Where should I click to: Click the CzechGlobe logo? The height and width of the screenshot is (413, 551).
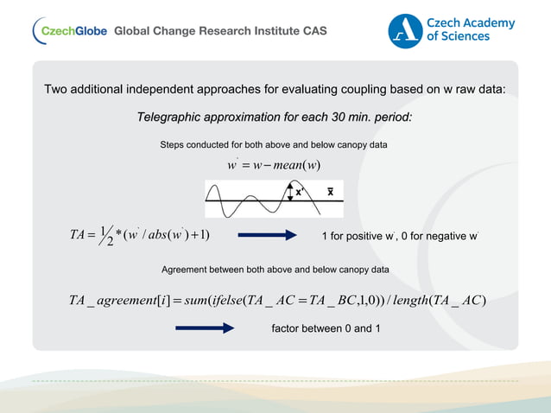coord(69,31)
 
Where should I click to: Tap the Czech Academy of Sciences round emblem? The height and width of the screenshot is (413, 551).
coord(405,30)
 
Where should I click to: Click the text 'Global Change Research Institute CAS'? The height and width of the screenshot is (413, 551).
coord(220,31)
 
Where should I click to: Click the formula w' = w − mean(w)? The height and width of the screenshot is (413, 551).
coord(275,165)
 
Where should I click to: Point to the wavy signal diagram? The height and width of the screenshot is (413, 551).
coord(259,200)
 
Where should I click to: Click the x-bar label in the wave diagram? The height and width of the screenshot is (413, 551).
coord(330,192)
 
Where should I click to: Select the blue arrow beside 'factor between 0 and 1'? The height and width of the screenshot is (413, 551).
coord(205,328)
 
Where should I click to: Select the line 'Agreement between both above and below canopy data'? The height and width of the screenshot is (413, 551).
coord(275,270)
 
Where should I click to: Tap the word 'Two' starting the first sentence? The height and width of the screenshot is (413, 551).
coord(56,90)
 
